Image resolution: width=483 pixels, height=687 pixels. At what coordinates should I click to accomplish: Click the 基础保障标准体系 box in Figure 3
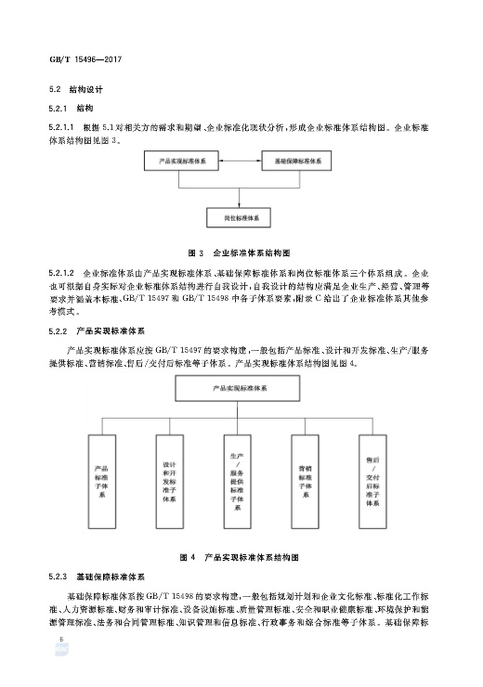[x=298, y=162]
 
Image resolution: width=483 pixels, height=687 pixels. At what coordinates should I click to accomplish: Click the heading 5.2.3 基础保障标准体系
[x=92, y=577]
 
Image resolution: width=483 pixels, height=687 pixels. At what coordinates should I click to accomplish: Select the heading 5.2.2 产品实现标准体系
[x=92, y=331]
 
